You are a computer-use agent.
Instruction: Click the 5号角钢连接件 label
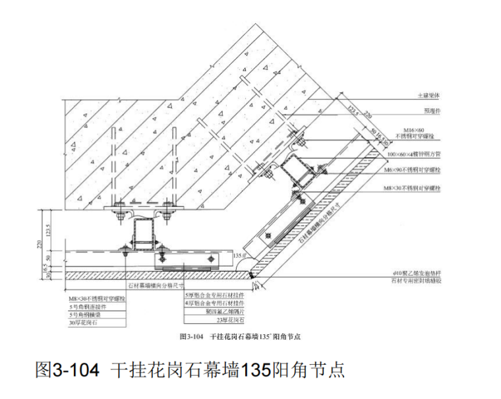[x=88, y=307]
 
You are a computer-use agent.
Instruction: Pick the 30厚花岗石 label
[x=84, y=322]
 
